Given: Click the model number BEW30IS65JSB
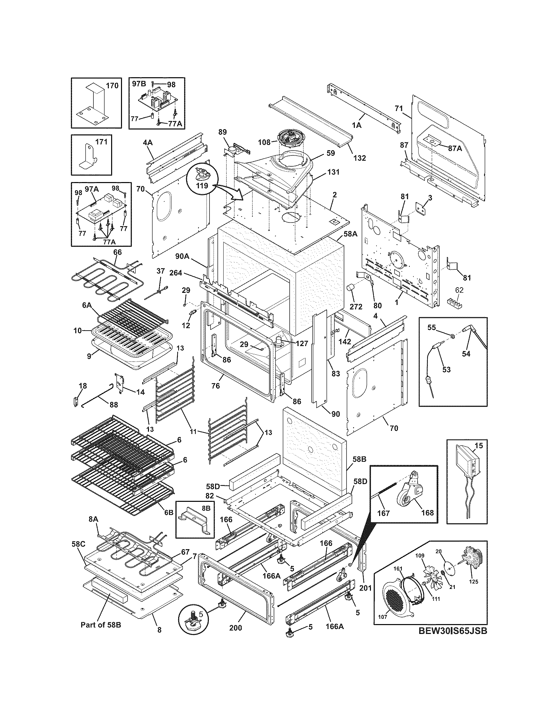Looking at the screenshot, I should (452, 640).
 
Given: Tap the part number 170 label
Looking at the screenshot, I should (111, 86).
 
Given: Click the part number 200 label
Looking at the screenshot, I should (235, 628).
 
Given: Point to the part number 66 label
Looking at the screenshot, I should (118, 252).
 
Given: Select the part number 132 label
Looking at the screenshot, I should (359, 158).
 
